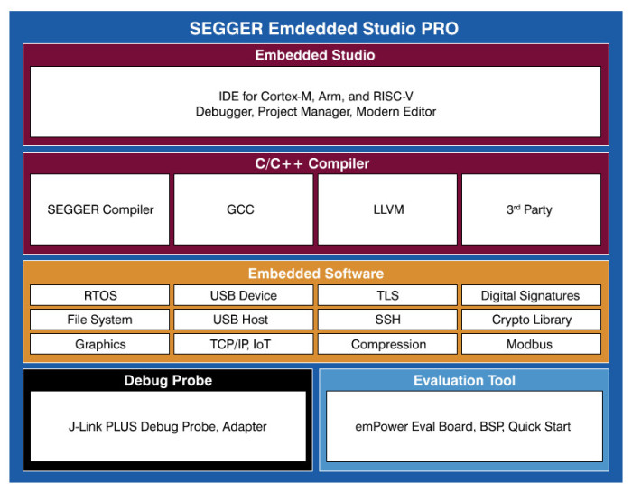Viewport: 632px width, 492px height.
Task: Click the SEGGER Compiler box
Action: pyautogui.click(x=100, y=209)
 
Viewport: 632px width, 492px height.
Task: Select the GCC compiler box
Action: pyautogui.click(x=244, y=209)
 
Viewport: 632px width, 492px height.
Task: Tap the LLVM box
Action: pyautogui.click(x=387, y=209)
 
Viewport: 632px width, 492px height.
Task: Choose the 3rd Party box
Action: pyautogui.click(x=531, y=209)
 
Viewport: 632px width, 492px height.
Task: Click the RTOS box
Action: pyautogui.click(x=100, y=295)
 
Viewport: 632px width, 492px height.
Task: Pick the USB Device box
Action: pyautogui.click(x=244, y=295)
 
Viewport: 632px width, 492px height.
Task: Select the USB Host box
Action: pyautogui.click(x=244, y=320)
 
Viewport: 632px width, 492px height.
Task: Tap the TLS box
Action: pyautogui.click(x=387, y=295)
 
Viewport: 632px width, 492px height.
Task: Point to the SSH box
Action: pyautogui.click(x=387, y=320)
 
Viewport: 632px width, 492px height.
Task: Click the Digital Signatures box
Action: pyautogui.click(x=531, y=295)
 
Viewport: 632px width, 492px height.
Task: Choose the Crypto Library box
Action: pyautogui.click(x=531, y=320)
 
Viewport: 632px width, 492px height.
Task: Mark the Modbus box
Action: pyautogui.click(x=531, y=344)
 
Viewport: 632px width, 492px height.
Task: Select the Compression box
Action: pyautogui.click(x=387, y=344)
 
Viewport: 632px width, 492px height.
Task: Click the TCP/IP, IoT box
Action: pyautogui.click(x=244, y=344)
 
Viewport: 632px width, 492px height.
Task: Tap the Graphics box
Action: pyautogui.click(x=100, y=344)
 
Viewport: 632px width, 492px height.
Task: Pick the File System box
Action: pyautogui.click(x=100, y=320)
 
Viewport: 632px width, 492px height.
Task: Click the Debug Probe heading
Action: pyautogui.click(x=168, y=380)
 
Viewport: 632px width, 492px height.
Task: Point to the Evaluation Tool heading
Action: pyautogui.click(x=464, y=380)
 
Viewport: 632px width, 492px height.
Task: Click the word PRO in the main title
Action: pyautogui.click(x=438, y=29)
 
